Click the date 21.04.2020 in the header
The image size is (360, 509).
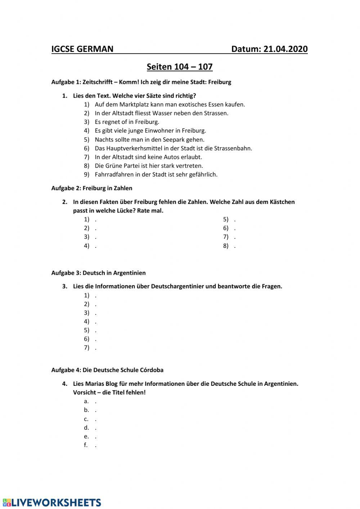pyautogui.click(x=285, y=49)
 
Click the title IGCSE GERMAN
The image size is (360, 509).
pyautogui.click(x=82, y=49)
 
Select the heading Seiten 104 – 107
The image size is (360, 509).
pyautogui.click(x=180, y=67)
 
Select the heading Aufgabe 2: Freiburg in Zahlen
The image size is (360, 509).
pyautogui.click(x=92, y=188)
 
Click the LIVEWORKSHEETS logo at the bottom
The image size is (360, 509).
pyautogui.click(x=51, y=503)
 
